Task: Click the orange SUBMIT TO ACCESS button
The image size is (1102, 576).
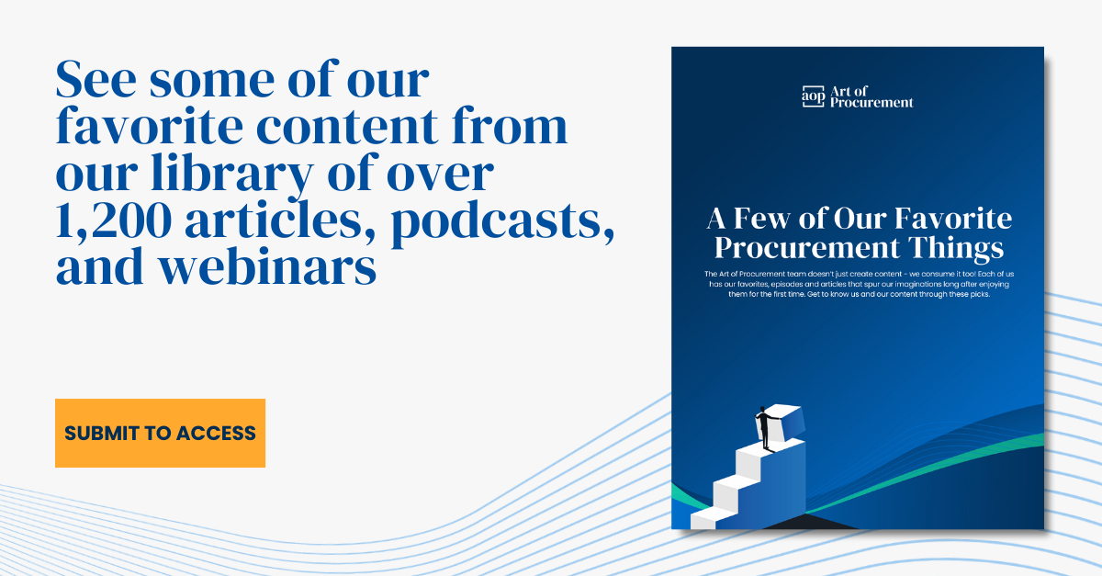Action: point(160,433)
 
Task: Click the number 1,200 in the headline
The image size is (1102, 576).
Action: point(114,221)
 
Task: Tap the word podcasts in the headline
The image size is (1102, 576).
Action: point(503,221)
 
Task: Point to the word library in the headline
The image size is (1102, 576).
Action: point(232,174)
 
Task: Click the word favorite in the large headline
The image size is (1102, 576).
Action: point(150,126)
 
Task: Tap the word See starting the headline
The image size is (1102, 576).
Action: point(96,79)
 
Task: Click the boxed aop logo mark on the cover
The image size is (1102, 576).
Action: point(814,96)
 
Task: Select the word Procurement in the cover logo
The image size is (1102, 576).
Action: point(871,102)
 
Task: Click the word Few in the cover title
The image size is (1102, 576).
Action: point(761,218)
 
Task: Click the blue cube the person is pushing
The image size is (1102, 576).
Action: point(786,424)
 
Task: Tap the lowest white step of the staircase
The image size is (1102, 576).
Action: point(703,519)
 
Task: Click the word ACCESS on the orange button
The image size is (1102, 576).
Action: point(216,434)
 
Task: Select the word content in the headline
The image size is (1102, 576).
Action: point(347,127)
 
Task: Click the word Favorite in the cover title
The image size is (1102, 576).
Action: point(953,218)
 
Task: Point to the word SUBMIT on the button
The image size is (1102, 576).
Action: point(102,434)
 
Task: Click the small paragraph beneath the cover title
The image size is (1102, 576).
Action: point(859,284)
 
